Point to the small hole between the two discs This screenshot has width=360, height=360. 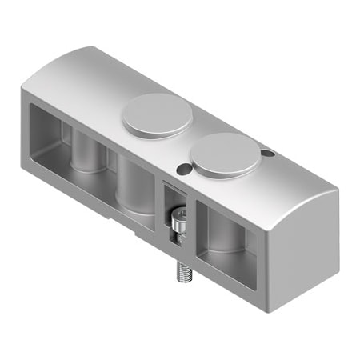[185, 167]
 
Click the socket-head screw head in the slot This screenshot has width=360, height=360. [179, 219]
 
